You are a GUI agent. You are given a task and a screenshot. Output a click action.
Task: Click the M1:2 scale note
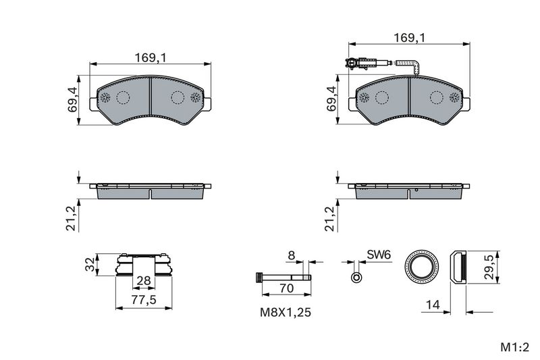pyautogui.click(x=514, y=347)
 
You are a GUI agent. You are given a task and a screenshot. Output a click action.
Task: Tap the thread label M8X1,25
pyautogui.click(x=285, y=313)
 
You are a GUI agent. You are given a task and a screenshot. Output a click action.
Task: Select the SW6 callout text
pyautogui.click(x=379, y=255)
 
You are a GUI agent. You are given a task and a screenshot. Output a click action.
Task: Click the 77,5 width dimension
pyautogui.click(x=144, y=300)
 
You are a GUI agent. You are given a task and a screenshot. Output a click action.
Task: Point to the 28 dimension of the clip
pyautogui.click(x=144, y=280)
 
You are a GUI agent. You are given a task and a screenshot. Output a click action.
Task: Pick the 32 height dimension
pyautogui.click(x=90, y=265)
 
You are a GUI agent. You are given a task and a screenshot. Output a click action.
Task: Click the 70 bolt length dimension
pyautogui.click(x=286, y=288)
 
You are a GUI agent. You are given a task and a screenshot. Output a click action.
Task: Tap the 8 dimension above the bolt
pyautogui.click(x=292, y=255)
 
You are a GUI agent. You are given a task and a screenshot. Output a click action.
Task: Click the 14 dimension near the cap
pyautogui.click(x=433, y=305)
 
